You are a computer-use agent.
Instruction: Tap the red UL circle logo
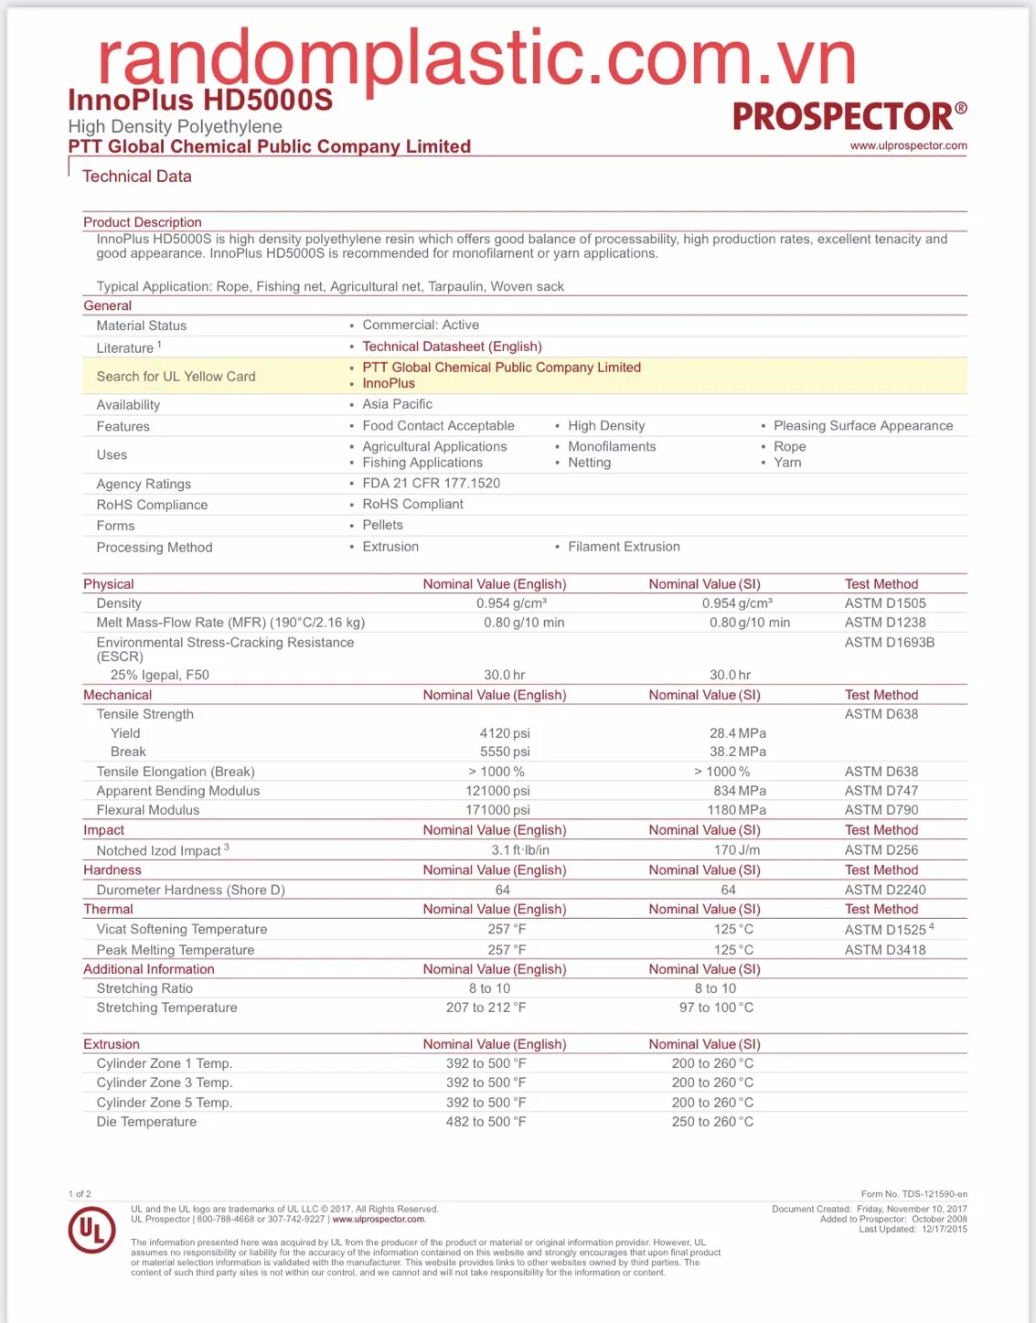pyautogui.click(x=91, y=1230)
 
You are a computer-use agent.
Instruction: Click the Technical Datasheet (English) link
pyautogui.click(x=452, y=347)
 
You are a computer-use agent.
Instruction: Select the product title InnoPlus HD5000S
pyautogui.click(x=200, y=101)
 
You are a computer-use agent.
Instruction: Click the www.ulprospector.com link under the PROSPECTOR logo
pyautogui.click(x=908, y=145)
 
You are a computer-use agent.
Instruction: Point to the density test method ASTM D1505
pyautogui.click(x=884, y=603)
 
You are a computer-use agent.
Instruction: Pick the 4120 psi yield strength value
pyautogui.click(x=505, y=733)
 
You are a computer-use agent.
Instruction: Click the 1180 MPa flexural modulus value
pyautogui.click(x=737, y=810)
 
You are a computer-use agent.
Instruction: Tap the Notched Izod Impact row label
pyautogui.click(x=159, y=851)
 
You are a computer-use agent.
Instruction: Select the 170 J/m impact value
pyautogui.click(x=737, y=850)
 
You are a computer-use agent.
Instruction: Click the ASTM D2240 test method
pyautogui.click(x=884, y=890)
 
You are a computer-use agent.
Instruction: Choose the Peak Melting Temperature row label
pyautogui.click(x=176, y=950)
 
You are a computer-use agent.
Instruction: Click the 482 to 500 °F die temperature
pyautogui.click(x=486, y=1122)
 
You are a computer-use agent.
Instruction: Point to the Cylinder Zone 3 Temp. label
pyautogui.click(x=165, y=1083)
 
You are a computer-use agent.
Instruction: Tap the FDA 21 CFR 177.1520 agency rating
pyautogui.click(x=431, y=483)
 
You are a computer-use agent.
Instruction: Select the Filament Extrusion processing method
pyautogui.click(x=624, y=547)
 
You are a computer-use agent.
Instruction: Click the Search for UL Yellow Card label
pyautogui.click(x=176, y=377)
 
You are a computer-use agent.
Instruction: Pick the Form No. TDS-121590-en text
pyautogui.click(x=913, y=1194)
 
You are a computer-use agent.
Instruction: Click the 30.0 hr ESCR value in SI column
pyautogui.click(x=730, y=675)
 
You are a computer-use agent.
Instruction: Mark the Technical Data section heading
pyautogui.click(x=137, y=176)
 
